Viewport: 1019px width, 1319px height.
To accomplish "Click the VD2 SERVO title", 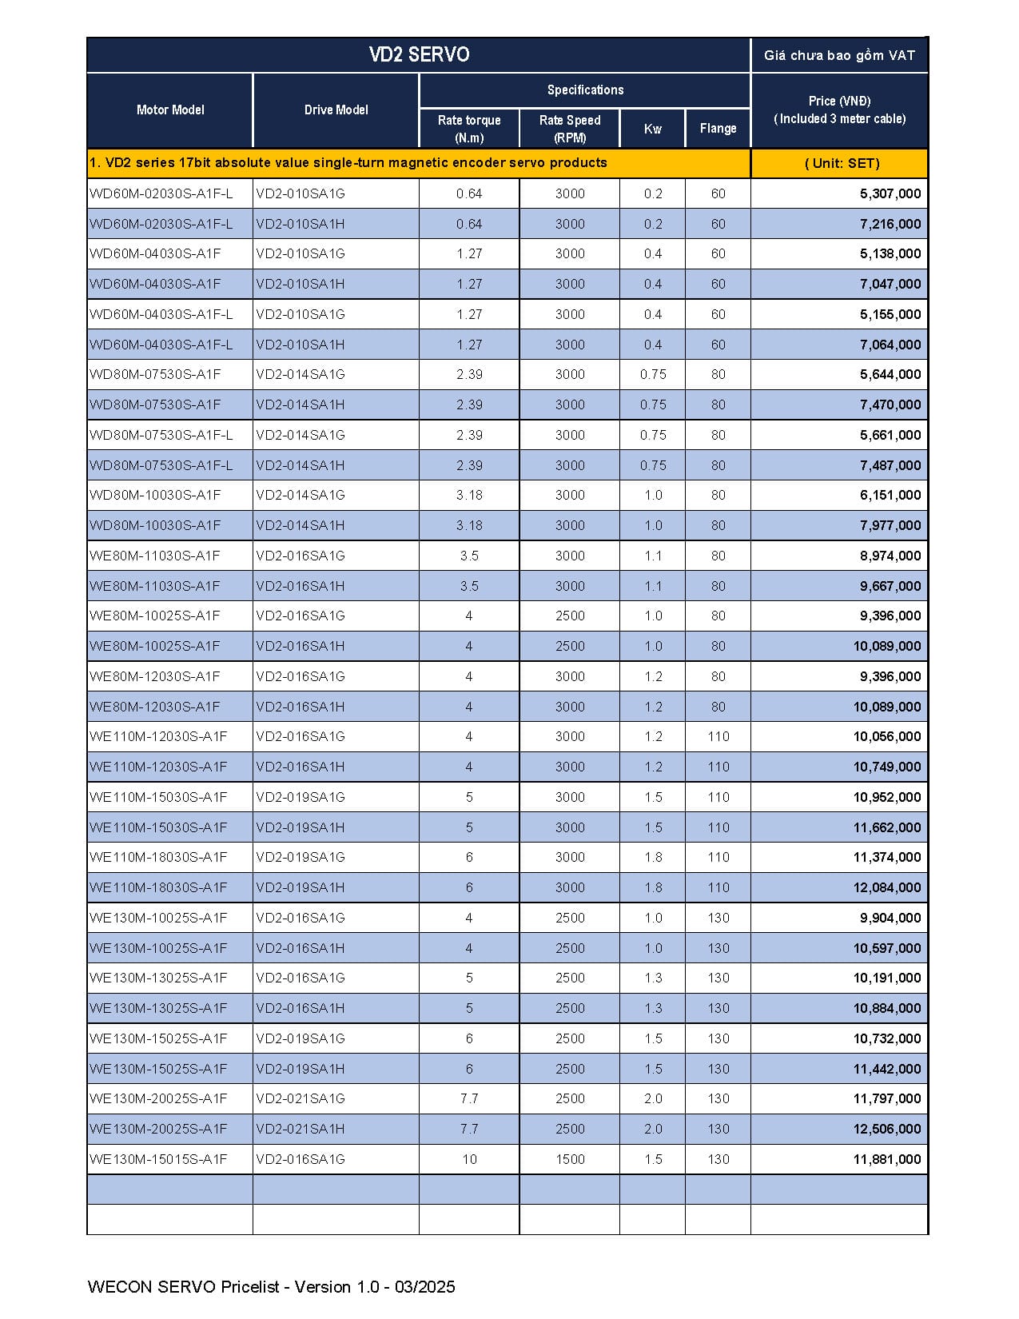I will click(419, 54).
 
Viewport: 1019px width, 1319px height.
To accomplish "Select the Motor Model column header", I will click(170, 110).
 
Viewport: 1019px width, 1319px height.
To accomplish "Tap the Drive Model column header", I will click(336, 110).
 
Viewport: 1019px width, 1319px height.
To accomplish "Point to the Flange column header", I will click(718, 128).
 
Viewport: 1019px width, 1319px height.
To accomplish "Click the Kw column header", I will click(652, 129).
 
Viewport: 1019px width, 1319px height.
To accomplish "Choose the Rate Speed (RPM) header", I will click(570, 129).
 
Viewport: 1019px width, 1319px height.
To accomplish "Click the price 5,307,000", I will click(890, 193).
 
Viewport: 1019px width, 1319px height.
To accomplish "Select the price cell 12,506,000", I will click(887, 1129).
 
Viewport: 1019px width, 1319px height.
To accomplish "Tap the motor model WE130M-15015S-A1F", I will click(158, 1159).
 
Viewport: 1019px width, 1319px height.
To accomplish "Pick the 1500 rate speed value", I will click(570, 1159).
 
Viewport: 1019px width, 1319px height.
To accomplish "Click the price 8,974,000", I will click(890, 556).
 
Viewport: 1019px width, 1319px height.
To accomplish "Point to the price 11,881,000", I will click(887, 1159).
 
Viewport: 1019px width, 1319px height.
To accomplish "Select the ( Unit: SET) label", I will click(842, 163).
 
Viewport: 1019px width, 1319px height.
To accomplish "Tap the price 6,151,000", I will click(890, 495).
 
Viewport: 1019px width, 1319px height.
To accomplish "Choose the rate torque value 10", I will click(469, 1159).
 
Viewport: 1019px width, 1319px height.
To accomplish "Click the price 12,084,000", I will click(887, 887).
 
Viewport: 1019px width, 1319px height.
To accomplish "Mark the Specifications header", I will click(585, 90).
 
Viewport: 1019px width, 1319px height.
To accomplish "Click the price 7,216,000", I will click(890, 224).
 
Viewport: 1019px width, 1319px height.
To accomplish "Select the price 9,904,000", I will click(890, 918).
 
